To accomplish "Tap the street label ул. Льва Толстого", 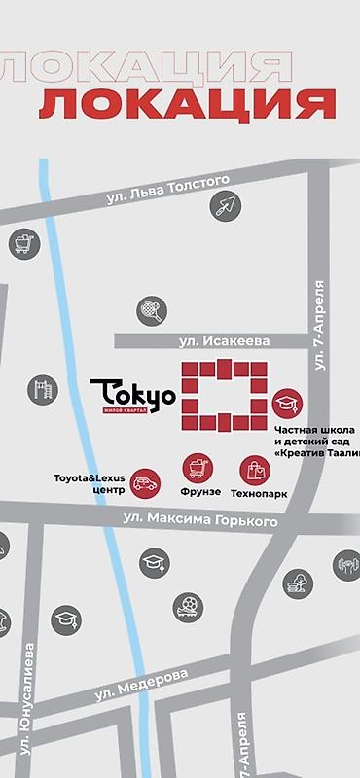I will pyautogui.click(x=167, y=190).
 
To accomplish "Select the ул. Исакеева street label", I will pyautogui.click(x=224, y=340).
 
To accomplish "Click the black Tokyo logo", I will pyautogui.click(x=132, y=396).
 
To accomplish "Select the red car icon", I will pyautogui.click(x=145, y=482).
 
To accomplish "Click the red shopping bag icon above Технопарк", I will pyautogui.click(x=257, y=471).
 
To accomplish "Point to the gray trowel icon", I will pyautogui.click(x=226, y=206).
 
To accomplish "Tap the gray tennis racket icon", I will pyautogui.click(x=151, y=310).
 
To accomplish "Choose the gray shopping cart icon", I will pyautogui.click(x=22, y=242).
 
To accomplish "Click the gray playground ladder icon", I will pyautogui.click(x=42, y=389).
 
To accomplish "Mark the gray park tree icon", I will pyautogui.click(x=294, y=584).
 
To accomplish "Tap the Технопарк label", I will pyautogui.click(x=259, y=494).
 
